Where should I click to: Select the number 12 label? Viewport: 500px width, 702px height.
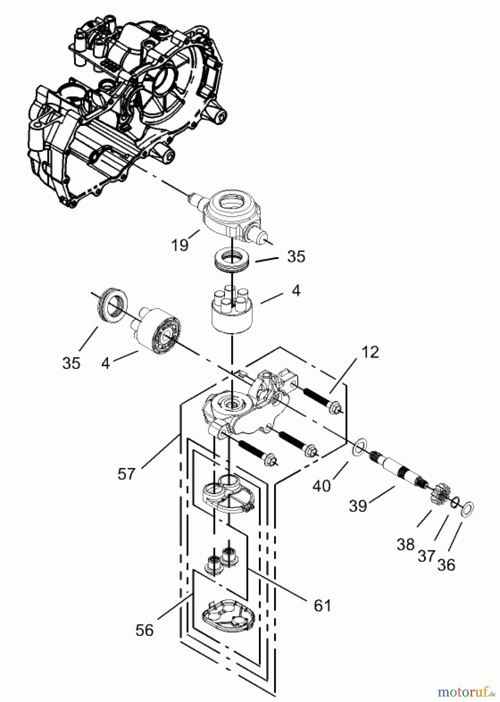(370, 352)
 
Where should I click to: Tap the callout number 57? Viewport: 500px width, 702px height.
(126, 474)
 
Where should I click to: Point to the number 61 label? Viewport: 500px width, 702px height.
(322, 605)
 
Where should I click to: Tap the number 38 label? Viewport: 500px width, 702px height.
(406, 544)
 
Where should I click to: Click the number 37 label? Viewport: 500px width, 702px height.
(426, 555)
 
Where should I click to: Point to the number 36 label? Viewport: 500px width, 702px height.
(446, 564)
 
